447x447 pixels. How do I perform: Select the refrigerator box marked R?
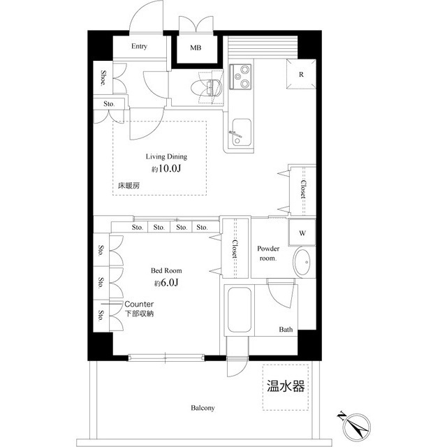[300, 75]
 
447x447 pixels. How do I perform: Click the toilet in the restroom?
[212, 86]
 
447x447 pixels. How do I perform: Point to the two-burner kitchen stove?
[241, 77]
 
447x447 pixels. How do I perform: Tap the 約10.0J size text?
[165, 170]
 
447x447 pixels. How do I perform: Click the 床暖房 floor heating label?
[129, 186]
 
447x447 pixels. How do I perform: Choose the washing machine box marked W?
[302, 233]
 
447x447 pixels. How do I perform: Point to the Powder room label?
[268, 253]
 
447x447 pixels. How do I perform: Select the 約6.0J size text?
[166, 283]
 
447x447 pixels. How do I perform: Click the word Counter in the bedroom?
[140, 305]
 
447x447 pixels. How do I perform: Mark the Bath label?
[286, 329]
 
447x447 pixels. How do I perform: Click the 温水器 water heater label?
[286, 386]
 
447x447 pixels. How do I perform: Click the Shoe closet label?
[103, 78]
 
